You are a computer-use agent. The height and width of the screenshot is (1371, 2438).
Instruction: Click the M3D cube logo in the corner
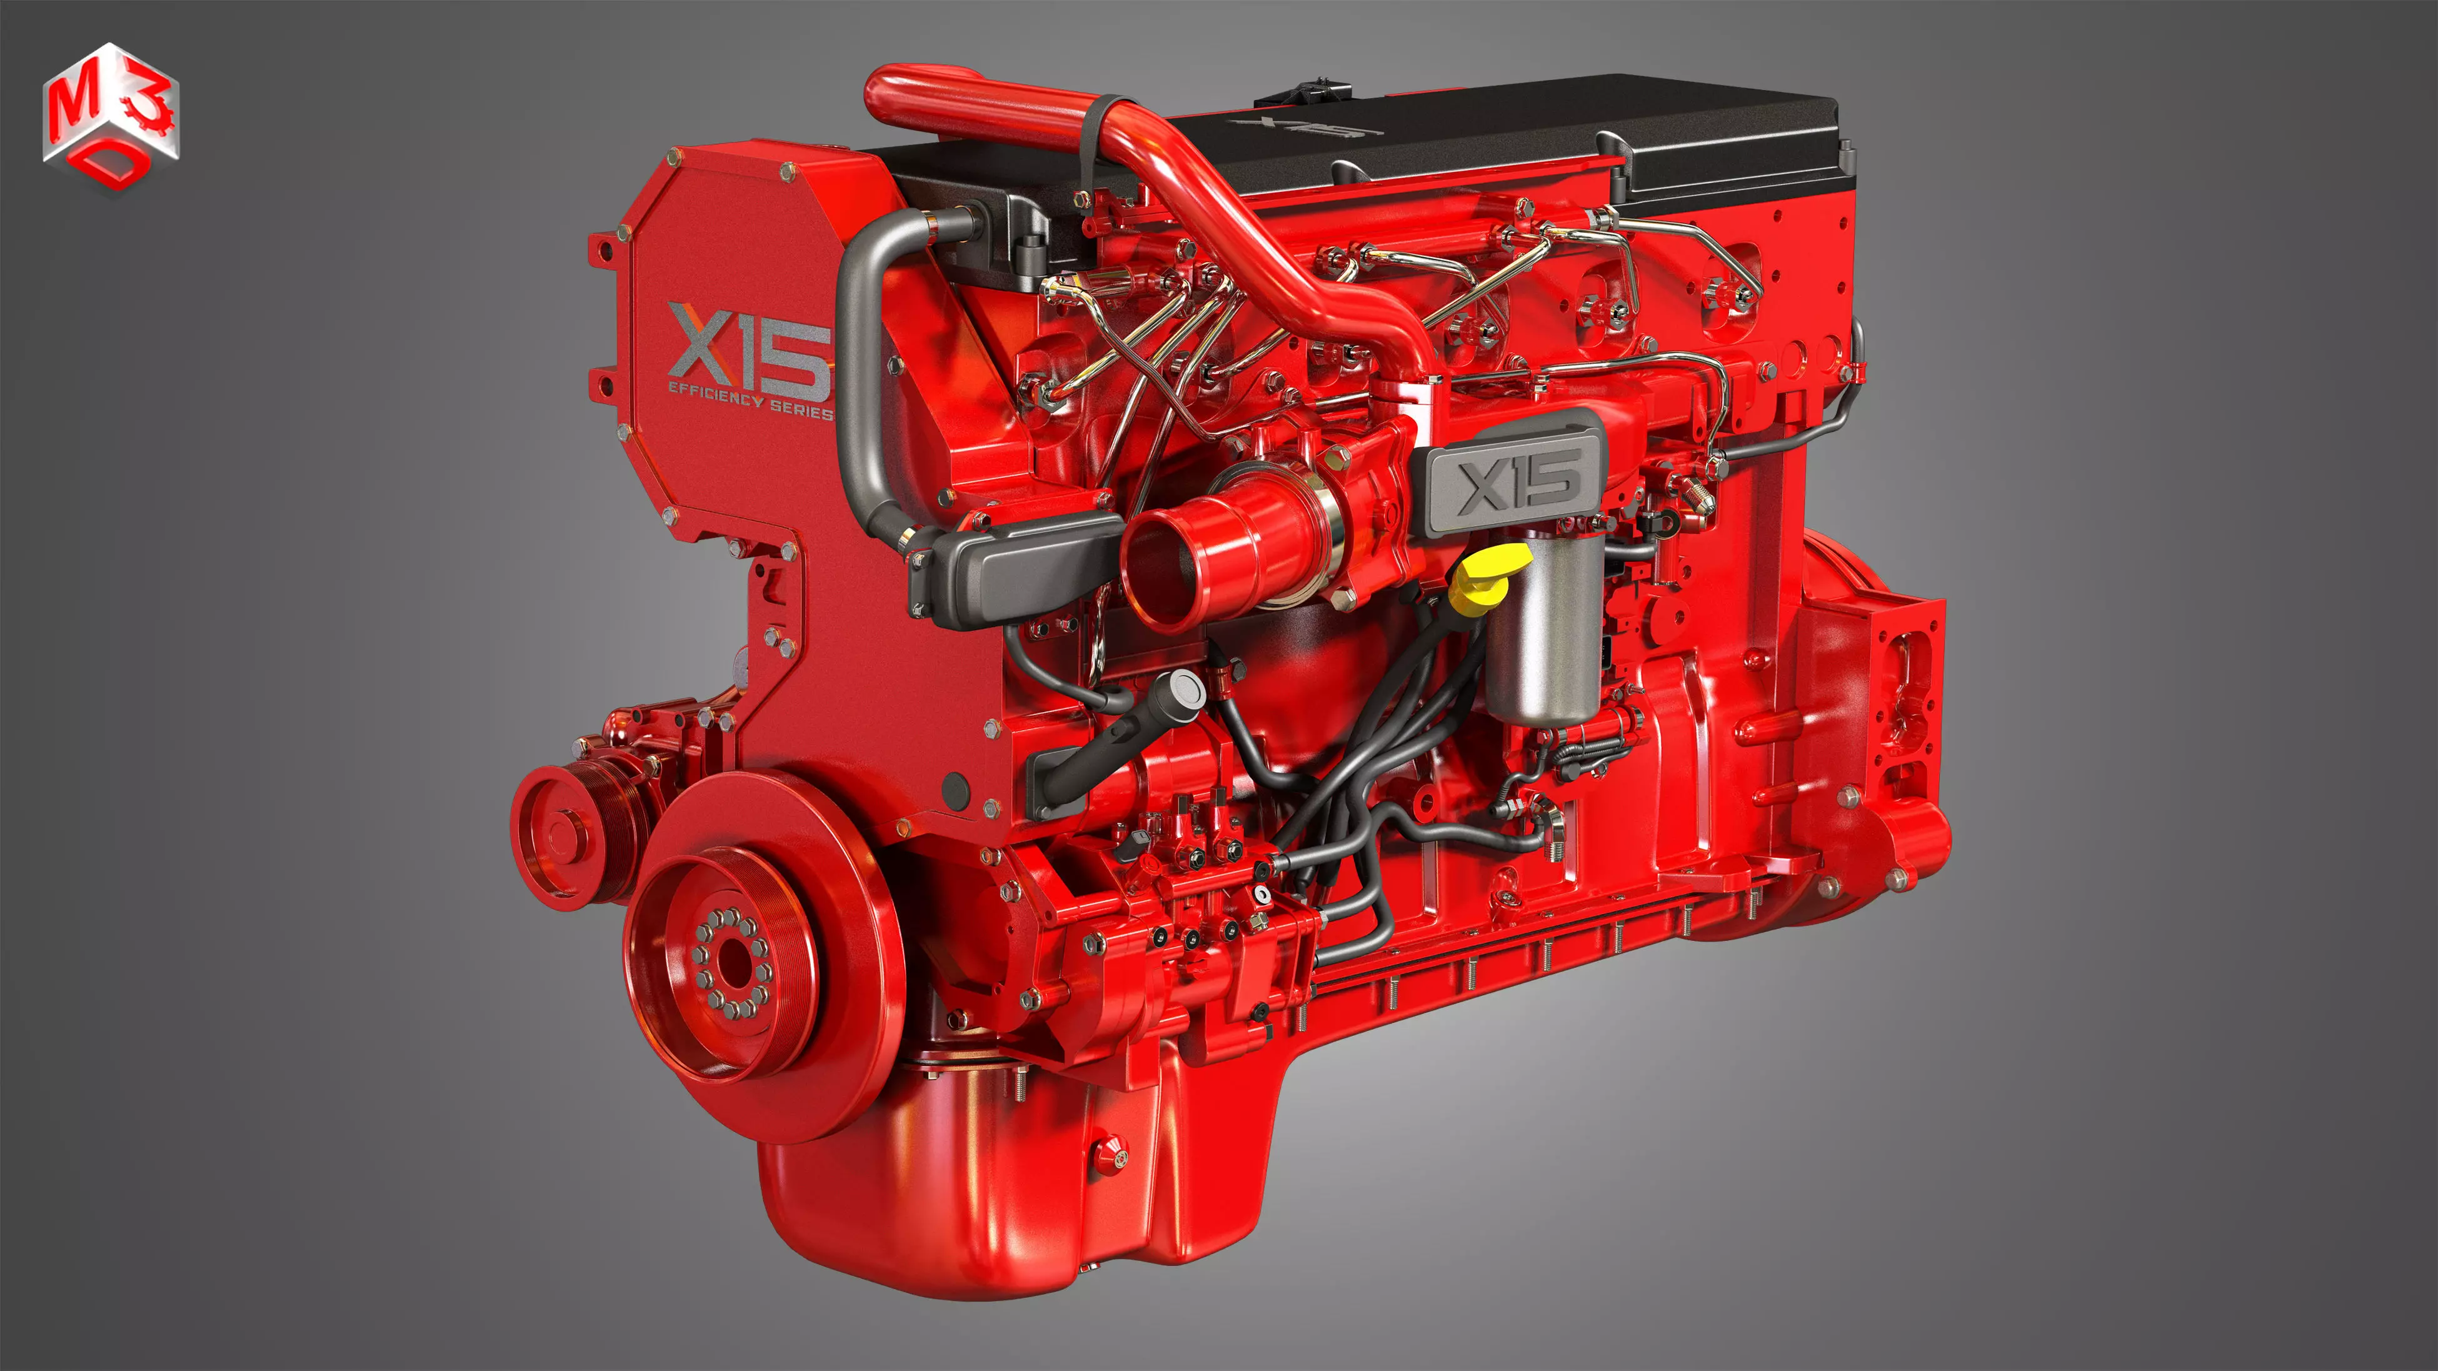[110, 118]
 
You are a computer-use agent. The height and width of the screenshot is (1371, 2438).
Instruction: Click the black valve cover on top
[1552, 133]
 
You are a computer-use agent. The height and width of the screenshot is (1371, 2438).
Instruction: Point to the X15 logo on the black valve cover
[1306, 127]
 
